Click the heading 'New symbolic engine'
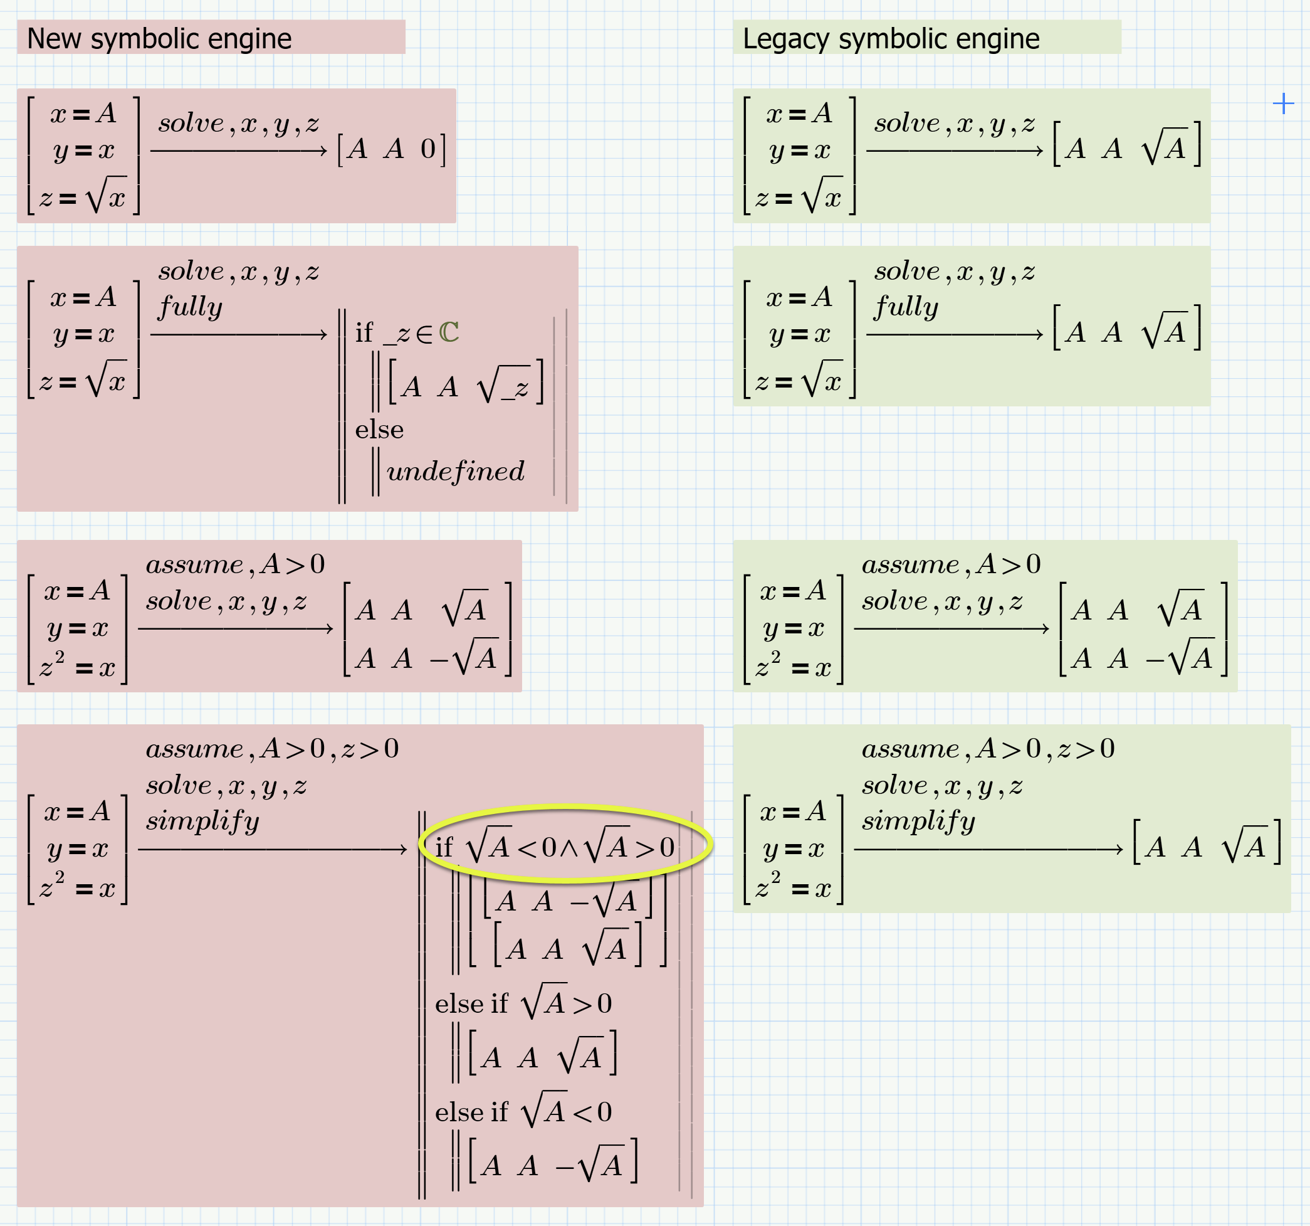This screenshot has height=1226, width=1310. pyautogui.click(x=159, y=39)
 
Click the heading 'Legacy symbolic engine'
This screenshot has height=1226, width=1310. pyautogui.click(x=891, y=39)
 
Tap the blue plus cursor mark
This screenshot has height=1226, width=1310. pyautogui.click(x=1283, y=103)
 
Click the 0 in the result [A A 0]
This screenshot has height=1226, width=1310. pyautogui.click(x=427, y=150)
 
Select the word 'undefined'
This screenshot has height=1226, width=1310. pyautogui.click(x=455, y=472)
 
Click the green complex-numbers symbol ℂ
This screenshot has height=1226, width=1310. pyautogui.click(x=449, y=333)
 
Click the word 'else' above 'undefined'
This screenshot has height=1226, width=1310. pyautogui.click(x=379, y=430)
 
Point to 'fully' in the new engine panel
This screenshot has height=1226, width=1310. pyautogui.click(x=190, y=307)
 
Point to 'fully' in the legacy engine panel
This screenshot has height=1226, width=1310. pyautogui.click(x=906, y=307)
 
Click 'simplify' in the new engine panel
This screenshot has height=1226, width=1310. pyautogui.click(x=202, y=822)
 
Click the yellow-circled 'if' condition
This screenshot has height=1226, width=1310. pyautogui.click(x=555, y=847)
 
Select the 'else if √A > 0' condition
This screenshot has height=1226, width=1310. pyautogui.click(x=523, y=1003)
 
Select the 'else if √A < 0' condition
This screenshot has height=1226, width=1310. pyautogui.click(x=523, y=1112)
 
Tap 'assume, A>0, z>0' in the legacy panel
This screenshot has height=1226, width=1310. pyautogui.click(x=988, y=749)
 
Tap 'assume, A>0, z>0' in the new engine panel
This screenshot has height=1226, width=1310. pyautogui.click(x=272, y=749)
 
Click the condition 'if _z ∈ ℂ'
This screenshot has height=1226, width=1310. pyautogui.click(x=407, y=333)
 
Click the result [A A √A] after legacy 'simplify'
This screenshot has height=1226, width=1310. pyautogui.click(x=1207, y=847)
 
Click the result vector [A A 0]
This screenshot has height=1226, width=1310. pyautogui.click(x=391, y=150)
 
